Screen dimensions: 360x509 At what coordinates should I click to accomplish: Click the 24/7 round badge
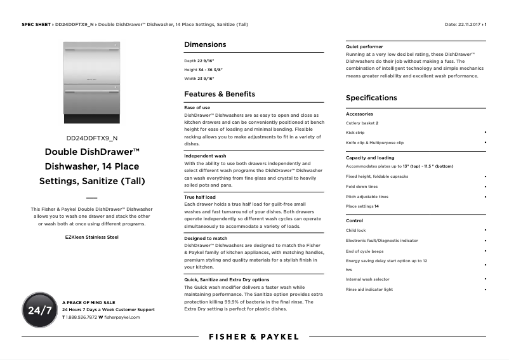click(40, 310)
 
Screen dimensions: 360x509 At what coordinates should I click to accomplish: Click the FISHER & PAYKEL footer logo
click(253, 337)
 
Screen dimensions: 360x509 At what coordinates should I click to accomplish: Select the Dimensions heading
click(205, 44)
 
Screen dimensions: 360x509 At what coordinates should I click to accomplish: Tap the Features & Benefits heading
click(220, 94)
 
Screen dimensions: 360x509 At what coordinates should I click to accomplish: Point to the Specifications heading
click(371, 98)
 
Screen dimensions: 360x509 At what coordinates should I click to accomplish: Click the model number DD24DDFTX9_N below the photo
click(92, 138)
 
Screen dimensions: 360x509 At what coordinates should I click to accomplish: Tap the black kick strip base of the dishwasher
click(91, 119)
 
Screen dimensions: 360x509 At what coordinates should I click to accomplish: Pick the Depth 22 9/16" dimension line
click(199, 61)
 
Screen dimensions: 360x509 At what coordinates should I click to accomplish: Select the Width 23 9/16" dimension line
click(199, 79)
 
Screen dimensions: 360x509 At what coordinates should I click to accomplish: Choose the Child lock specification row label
click(355, 230)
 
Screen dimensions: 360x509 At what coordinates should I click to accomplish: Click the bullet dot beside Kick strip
click(486, 132)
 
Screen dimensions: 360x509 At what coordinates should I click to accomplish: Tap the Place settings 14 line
click(362, 206)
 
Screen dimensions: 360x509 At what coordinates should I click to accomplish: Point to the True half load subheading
click(200, 197)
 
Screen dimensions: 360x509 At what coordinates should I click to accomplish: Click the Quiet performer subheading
click(364, 47)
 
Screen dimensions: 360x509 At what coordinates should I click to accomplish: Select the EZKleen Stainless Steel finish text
click(92, 237)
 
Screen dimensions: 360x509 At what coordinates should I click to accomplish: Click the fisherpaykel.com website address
click(122, 317)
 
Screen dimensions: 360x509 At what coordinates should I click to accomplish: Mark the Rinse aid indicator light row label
click(369, 290)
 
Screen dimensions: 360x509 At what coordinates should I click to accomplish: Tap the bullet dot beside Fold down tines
click(486, 187)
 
